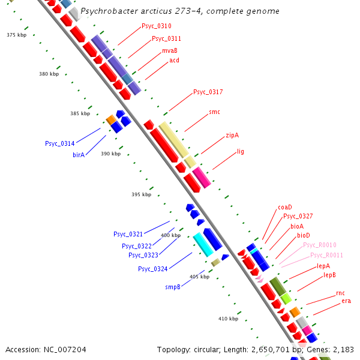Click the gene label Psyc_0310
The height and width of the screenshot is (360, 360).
point(157,26)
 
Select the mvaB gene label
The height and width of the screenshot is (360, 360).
point(170,51)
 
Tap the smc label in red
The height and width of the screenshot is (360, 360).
point(214,112)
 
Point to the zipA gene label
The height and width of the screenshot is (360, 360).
point(232,136)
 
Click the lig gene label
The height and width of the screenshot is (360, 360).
point(241,152)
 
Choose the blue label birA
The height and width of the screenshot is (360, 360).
point(79,155)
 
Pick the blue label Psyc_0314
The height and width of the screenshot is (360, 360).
point(60,143)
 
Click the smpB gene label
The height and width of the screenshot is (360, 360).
point(173,287)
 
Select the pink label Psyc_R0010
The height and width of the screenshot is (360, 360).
point(319,245)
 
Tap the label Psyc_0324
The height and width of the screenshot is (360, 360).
point(153,269)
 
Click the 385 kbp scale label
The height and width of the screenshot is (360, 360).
point(80,113)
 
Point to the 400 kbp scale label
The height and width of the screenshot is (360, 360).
point(170,235)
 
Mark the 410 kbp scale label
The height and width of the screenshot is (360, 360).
point(228,319)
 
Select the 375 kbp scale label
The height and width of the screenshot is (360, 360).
point(16,35)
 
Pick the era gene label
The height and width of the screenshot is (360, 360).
point(346,301)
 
